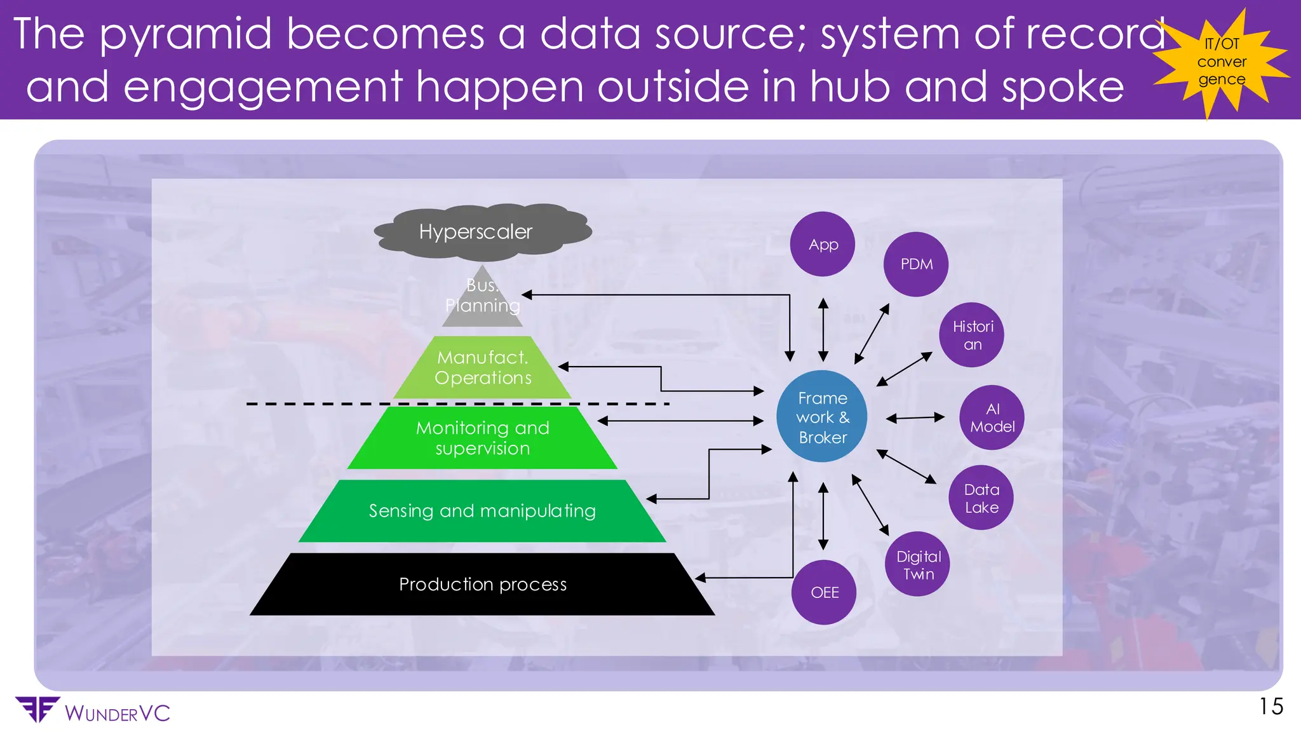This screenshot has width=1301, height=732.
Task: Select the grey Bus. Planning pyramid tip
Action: [483, 299]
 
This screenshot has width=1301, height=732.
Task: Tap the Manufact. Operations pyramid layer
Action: [483, 368]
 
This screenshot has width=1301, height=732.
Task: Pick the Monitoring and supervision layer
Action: [483, 438]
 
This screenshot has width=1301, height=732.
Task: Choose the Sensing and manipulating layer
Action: [483, 511]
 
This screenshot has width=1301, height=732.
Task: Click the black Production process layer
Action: [483, 585]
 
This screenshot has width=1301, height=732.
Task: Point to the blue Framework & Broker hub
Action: [822, 417]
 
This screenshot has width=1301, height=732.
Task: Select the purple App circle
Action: [823, 244]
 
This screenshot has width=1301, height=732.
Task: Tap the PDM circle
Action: [915, 264]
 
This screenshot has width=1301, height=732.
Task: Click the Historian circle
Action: [971, 335]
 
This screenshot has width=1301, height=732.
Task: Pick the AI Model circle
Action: [992, 417]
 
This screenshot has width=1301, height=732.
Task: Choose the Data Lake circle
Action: [981, 498]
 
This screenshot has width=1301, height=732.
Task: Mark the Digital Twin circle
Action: [917, 564]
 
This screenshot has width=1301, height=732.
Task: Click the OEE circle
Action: [824, 592]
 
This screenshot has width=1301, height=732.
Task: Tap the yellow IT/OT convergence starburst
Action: [1221, 62]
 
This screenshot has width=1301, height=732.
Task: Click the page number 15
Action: [1271, 707]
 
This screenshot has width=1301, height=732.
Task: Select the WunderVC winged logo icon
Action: [37, 709]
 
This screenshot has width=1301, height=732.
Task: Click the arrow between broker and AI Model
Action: [915, 418]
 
